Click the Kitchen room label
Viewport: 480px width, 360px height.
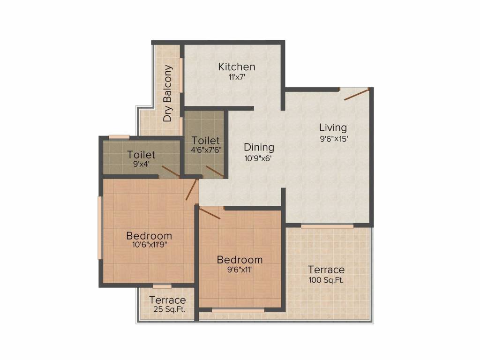(x=236, y=67)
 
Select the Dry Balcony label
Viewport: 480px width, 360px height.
(x=168, y=93)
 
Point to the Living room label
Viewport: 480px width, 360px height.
(x=333, y=127)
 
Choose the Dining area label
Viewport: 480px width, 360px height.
(x=259, y=148)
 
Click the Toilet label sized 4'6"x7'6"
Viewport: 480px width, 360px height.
(x=205, y=141)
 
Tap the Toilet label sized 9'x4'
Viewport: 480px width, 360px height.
(x=141, y=155)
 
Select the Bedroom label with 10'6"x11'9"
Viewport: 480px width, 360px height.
(x=149, y=236)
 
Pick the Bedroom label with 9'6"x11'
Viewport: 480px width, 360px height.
(x=240, y=260)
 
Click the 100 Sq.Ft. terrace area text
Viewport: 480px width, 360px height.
(x=326, y=281)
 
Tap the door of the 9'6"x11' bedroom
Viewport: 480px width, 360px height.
(x=210, y=214)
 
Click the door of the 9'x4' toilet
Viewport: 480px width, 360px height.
(x=171, y=172)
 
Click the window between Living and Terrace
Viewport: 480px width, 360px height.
(x=327, y=226)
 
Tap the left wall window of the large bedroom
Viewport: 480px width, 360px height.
(x=99, y=227)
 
